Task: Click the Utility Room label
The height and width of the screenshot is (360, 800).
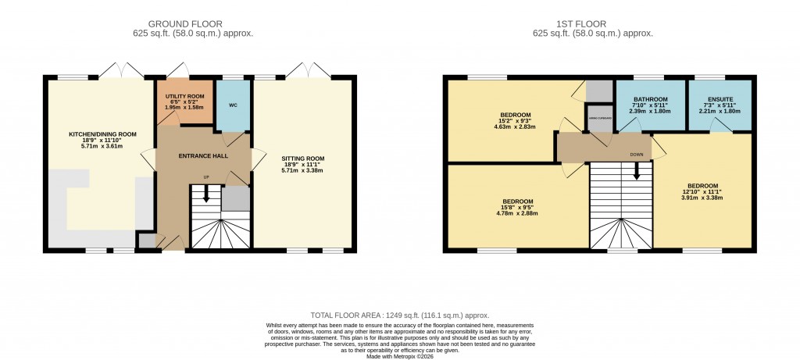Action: pos(184,95)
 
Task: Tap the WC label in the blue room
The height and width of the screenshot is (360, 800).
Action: pos(233,105)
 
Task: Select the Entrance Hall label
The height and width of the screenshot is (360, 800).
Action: pos(202,156)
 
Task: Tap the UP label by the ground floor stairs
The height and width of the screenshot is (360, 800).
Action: pos(206,177)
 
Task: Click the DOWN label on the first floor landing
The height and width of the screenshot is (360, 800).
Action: pos(637,155)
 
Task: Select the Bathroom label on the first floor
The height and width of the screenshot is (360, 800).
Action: pos(650,99)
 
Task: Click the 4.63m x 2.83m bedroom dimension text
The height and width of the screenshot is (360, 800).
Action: pos(516,127)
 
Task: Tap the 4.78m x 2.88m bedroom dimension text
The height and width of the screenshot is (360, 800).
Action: pos(518,213)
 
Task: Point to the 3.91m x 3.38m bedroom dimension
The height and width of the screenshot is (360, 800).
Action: pos(701,198)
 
